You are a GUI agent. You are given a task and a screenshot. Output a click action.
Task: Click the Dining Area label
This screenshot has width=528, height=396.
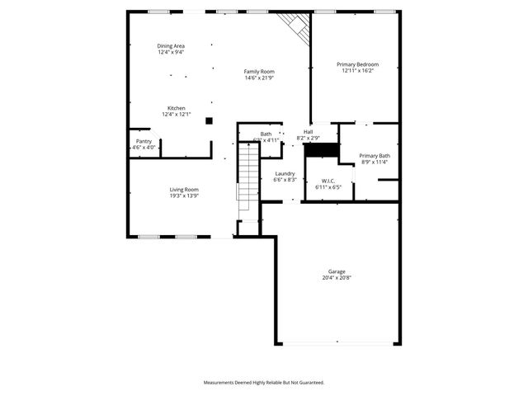click(x=171, y=45)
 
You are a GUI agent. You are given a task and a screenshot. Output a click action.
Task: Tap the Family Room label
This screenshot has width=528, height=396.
click(x=258, y=72)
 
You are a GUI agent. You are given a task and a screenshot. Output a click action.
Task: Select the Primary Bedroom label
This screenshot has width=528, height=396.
click(x=357, y=64)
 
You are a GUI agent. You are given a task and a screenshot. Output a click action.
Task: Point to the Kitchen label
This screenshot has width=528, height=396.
click(x=177, y=108)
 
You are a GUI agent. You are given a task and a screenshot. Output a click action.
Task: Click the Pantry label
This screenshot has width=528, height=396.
click(x=144, y=141)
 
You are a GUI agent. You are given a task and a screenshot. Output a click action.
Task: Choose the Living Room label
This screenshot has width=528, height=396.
click(x=184, y=189)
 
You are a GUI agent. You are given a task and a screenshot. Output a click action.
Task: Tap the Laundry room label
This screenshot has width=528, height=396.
click(x=285, y=173)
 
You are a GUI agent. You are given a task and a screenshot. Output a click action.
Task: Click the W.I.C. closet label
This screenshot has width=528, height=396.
click(x=328, y=181)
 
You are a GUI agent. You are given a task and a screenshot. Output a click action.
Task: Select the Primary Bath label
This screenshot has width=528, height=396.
click(x=374, y=155)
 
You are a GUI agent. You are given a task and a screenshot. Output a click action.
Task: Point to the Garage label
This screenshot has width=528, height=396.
click(x=337, y=271)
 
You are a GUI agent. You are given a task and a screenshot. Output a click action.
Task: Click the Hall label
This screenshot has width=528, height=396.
click(x=308, y=131)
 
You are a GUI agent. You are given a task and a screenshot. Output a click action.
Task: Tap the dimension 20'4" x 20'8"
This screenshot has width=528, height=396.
click(x=337, y=277)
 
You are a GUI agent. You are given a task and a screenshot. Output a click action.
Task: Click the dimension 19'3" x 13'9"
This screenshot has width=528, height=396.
click(x=184, y=195)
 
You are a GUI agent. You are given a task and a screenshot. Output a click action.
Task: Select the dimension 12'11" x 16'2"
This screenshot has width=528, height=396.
click(x=357, y=70)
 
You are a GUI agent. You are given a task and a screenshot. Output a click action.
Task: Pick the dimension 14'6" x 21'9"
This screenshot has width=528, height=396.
click(x=258, y=78)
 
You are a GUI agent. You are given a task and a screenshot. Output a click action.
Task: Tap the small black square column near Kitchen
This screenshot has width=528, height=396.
click(x=209, y=120)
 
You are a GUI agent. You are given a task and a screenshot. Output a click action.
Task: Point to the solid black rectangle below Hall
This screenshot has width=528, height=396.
click(x=322, y=149)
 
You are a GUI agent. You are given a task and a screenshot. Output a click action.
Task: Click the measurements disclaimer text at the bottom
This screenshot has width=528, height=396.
click(x=264, y=382)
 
